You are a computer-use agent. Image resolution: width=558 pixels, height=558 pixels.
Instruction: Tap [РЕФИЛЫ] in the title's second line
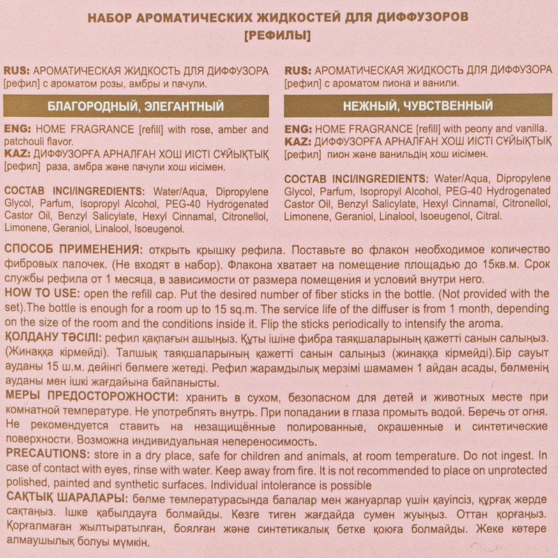[x=279, y=34]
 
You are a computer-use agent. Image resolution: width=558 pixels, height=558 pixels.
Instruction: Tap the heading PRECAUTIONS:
[x=44, y=454]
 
